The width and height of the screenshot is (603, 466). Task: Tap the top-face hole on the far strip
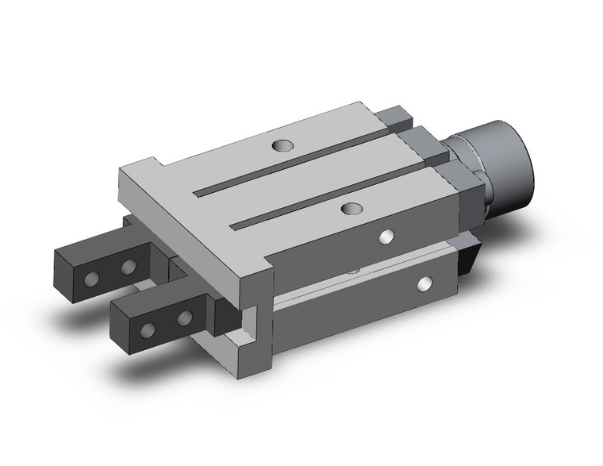pyautogui.click(x=281, y=146)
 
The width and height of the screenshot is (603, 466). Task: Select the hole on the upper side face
pyautogui.click(x=386, y=236)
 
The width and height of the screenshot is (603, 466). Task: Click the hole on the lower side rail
pyautogui.click(x=427, y=283)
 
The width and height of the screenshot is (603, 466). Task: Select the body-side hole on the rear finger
pyautogui.click(x=127, y=268)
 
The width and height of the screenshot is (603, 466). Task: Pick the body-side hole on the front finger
pyautogui.click(x=185, y=318)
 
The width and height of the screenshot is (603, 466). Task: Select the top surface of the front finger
pyautogui.click(x=159, y=298)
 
